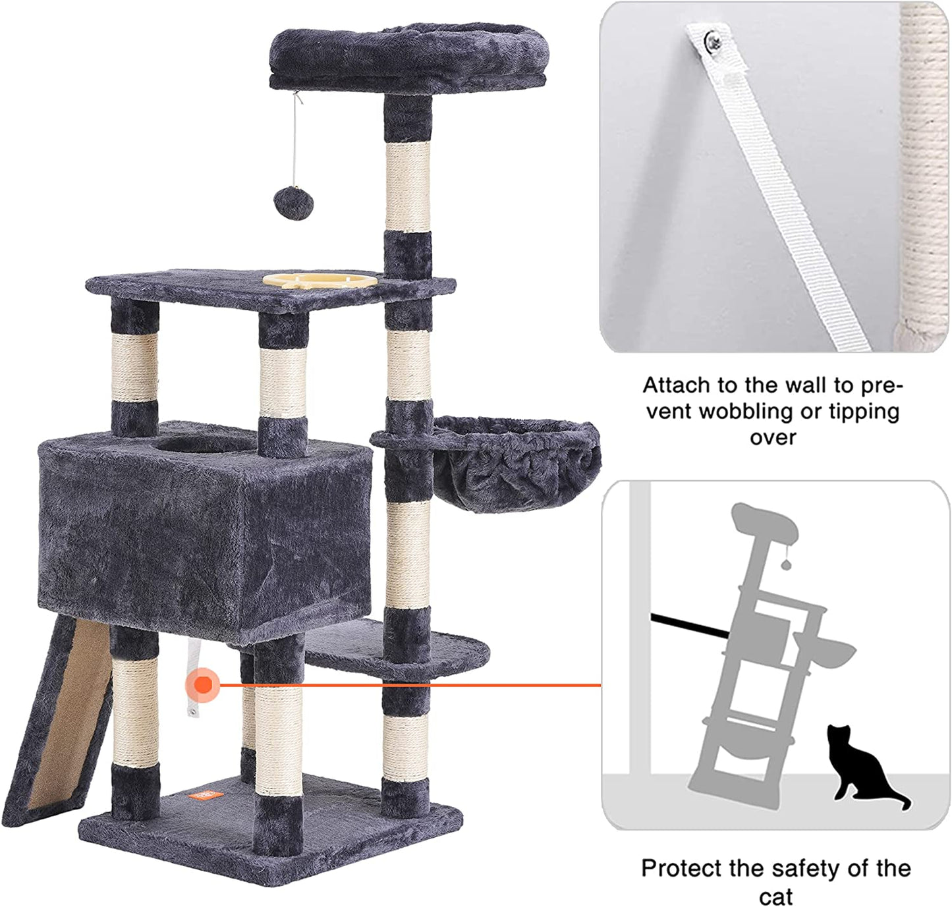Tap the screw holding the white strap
pos(712,43)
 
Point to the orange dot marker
pos(203,685)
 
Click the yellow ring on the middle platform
pos(320,280)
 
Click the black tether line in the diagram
pos(688,626)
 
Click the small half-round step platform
pos(422,649)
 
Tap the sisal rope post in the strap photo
pos(924,171)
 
